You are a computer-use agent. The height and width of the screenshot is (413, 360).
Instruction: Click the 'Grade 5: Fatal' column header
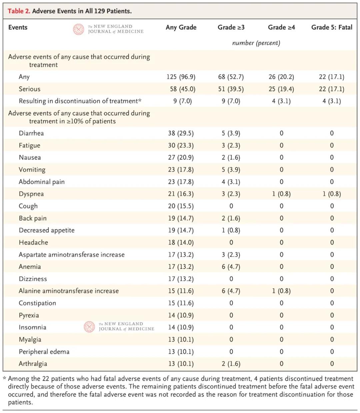[331, 27]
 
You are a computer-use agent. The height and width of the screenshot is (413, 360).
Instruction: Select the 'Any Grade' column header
[181, 27]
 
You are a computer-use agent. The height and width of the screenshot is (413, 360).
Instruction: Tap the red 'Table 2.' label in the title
[19, 11]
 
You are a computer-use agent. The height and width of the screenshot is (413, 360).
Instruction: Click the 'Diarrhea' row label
[31, 133]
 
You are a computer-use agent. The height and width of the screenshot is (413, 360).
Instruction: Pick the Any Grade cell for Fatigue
[181, 145]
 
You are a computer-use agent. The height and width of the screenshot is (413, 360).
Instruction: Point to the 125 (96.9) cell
[181, 77]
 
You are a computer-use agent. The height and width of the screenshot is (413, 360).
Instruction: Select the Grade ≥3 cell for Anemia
[231, 267]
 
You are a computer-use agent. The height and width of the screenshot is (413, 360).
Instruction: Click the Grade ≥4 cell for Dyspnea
[281, 194]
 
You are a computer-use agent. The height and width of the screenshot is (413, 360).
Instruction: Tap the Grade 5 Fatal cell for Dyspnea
[332, 194]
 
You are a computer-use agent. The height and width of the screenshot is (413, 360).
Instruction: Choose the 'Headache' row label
[33, 243]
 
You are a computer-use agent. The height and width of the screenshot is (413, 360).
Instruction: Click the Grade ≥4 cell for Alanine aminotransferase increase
[281, 291]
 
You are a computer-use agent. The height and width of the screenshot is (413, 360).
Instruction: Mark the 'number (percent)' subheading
[256, 43]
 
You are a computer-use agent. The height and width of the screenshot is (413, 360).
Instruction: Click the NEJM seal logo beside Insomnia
[89, 327]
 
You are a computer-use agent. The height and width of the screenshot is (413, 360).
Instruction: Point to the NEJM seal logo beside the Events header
[79, 29]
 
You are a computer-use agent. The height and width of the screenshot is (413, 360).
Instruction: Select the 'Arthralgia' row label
[33, 364]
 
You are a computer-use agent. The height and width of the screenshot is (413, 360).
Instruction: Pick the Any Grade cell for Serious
[182, 89]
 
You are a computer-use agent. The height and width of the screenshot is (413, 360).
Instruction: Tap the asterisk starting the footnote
[5, 379]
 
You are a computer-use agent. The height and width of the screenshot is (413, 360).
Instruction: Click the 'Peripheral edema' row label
[44, 352]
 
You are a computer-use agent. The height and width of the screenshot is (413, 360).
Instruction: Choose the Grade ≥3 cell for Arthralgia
[231, 364]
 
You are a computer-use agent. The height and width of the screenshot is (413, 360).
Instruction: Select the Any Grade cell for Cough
[181, 206]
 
